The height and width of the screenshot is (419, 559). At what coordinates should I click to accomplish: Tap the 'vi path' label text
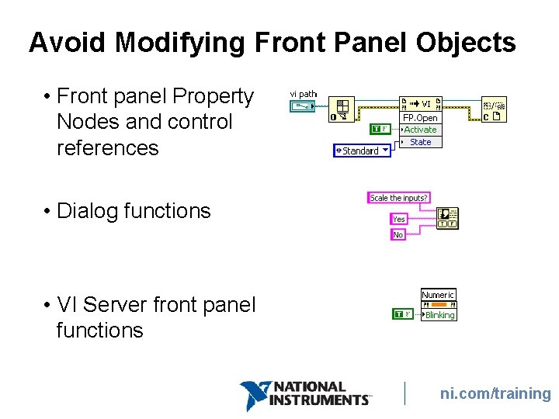[303, 94]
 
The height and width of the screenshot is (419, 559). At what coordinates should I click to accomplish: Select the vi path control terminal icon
[303, 108]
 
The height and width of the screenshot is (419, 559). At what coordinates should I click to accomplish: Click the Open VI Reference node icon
[341, 109]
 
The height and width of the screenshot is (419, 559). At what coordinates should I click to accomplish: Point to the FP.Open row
[420, 118]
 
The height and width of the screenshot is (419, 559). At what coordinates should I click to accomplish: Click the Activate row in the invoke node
[420, 130]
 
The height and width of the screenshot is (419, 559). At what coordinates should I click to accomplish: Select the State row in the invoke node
[420, 142]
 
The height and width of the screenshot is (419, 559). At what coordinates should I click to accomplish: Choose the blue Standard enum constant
[362, 151]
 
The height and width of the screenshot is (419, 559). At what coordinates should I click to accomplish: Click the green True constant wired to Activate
[379, 129]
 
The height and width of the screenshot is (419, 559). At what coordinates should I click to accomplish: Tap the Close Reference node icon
[494, 109]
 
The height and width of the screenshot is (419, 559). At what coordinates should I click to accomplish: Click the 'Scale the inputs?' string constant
[398, 198]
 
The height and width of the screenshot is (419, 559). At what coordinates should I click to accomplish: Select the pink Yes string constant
[398, 219]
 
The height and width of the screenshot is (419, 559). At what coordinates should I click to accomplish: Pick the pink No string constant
[398, 234]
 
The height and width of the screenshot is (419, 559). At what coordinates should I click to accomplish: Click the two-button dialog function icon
[447, 218]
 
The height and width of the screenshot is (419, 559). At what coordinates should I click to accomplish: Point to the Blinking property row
[439, 315]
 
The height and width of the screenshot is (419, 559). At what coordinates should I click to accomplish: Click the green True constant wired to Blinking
[403, 314]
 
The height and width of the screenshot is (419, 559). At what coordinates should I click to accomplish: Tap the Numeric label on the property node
[438, 295]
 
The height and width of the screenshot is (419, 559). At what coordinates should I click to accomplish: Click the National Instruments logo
[305, 394]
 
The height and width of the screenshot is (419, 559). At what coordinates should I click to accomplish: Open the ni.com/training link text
[495, 394]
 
